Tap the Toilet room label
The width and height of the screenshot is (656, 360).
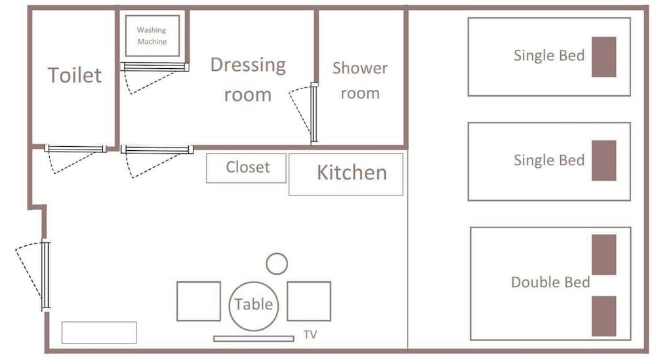click(75, 75)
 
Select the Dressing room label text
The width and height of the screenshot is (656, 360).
click(248, 79)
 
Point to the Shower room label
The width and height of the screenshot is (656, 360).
click(360, 80)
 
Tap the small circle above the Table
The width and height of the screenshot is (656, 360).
click(277, 254)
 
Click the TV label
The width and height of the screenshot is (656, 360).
click(310, 334)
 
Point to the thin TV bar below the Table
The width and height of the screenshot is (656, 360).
click(253, 338)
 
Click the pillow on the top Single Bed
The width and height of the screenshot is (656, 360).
click(604, 57)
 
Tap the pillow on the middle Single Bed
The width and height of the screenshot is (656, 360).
click(604, 161)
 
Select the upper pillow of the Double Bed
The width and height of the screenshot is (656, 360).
click(604, 254)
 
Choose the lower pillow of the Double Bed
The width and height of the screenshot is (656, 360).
click(604, 316)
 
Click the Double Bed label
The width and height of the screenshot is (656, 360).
click(550, 282)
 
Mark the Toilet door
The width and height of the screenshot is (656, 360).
click(75, 149)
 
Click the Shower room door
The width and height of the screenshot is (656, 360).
click(314, 113)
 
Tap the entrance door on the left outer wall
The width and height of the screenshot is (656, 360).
click(46, 275)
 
